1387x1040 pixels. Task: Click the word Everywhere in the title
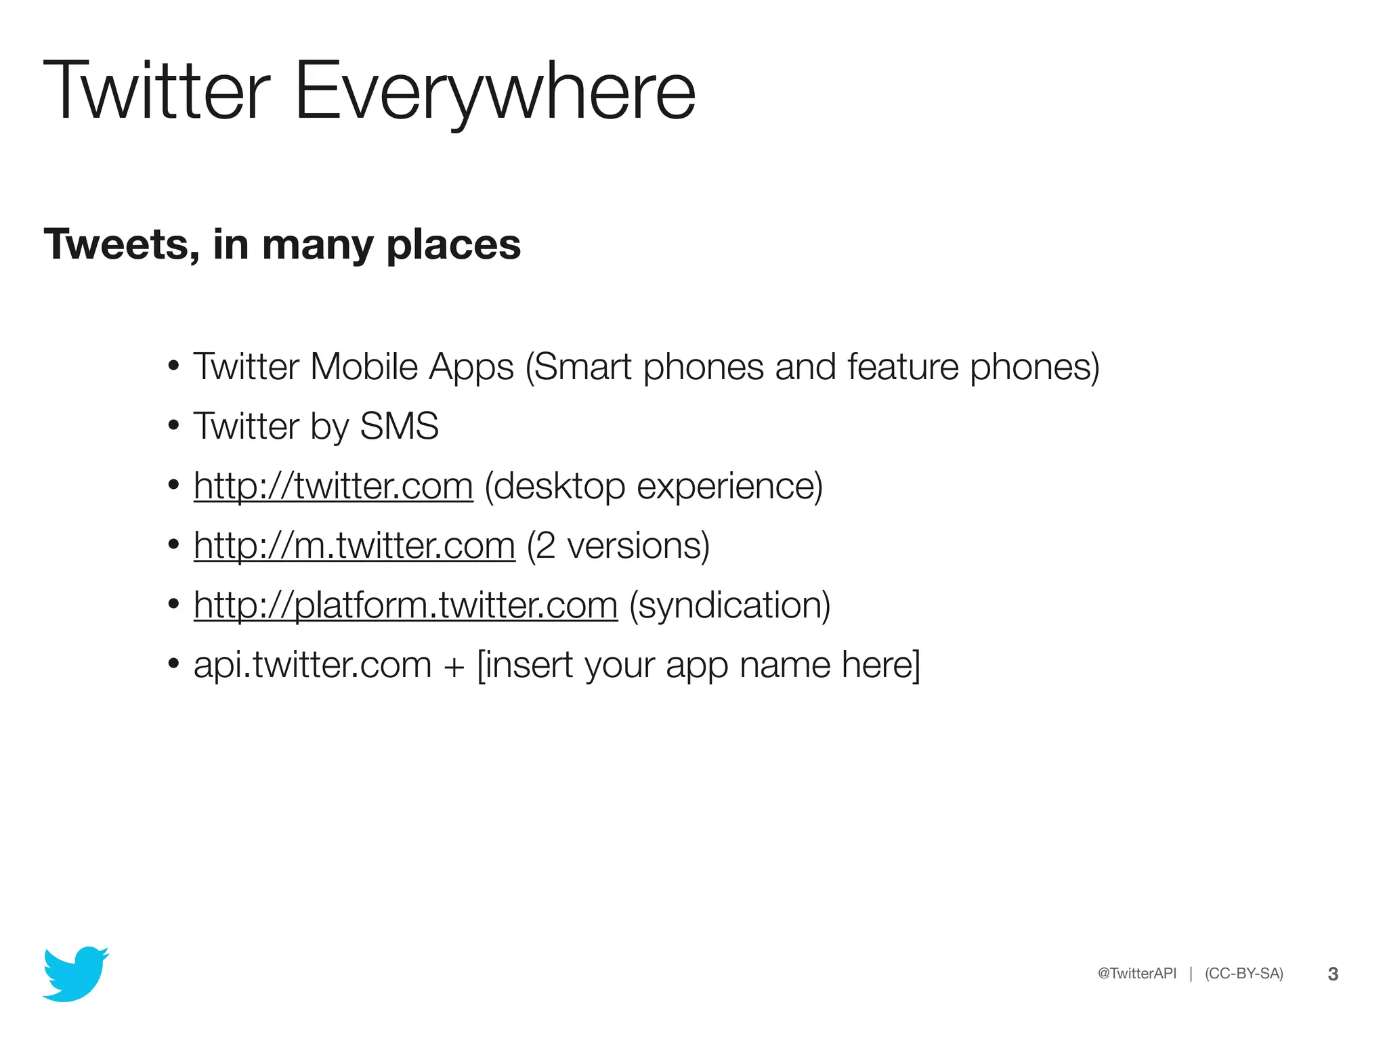click(x=494, y=91)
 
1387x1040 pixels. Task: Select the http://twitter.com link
click(x=333, y=486)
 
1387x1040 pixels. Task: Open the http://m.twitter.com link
click(x=354, y=546)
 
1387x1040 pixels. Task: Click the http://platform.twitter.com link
click(x=405, y=605)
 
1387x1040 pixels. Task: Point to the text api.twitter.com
click(x=312, y=665)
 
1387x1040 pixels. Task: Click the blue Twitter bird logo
click(x=75, y=974)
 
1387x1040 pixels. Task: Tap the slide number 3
click(x=1332, y=974)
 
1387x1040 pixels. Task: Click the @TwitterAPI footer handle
click(x=1136, y=974)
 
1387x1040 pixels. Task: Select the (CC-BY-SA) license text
click(x=1243, y=974)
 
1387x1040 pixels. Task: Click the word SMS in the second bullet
click(x=399, y=427)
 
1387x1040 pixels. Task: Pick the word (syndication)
click(x=729, y=605)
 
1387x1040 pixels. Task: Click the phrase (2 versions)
click(x=618, y=546)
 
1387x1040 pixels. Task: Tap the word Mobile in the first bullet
click(x=364, y=367)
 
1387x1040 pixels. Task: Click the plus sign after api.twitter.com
click(x=454, y=666)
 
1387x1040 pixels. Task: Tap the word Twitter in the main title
click(x=156, y=91)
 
